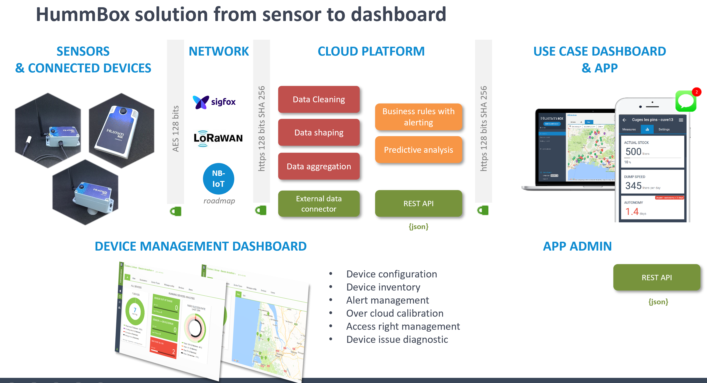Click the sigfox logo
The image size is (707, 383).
(x=214, y=102)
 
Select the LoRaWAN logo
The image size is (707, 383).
(x=218, y=138)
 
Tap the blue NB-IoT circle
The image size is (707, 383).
(x=218, y=179)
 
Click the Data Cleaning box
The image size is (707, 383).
(x=319, y=99)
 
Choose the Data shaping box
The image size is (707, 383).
(x=319, y=132)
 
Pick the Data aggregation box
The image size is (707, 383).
(x=319, y=166)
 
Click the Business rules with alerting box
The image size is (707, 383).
(x=418, y=117)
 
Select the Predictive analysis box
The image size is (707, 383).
(x=418, y=150)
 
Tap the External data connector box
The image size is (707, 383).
(x=319, y=204)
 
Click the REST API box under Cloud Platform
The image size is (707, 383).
(x=418, y=204)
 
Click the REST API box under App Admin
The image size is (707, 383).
(x=657, y=277)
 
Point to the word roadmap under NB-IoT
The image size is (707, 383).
(x=219, y=201)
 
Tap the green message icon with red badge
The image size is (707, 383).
(x=686, y=101)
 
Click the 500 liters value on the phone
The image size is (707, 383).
(x=633, y=152)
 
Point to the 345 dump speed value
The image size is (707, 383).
(x=633, y=186)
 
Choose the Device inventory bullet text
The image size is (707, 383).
(x=383, y=287)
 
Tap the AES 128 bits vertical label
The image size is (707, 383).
(x=175, y=128)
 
